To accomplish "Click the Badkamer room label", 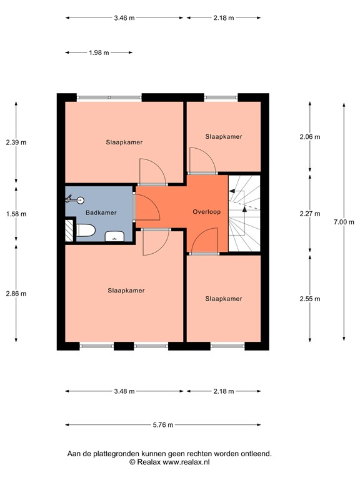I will coord(101,213).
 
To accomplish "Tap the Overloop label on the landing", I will coord(206,212).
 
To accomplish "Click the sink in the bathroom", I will coord(114,236).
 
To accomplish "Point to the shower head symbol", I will coord(72,200).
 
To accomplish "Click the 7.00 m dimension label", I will coord(344,222).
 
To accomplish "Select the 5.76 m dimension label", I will coord(162,425).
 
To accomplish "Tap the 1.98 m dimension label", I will coord(99,53).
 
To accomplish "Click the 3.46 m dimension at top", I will coord(124,18).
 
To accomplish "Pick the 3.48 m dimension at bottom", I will coord(124,392).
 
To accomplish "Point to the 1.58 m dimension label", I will coord(16,214).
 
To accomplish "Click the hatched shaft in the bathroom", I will coord(69,231).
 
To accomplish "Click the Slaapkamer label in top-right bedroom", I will coord(224,136).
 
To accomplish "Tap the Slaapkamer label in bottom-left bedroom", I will coord(126,291).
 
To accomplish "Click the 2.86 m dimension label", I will coord(16,293).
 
